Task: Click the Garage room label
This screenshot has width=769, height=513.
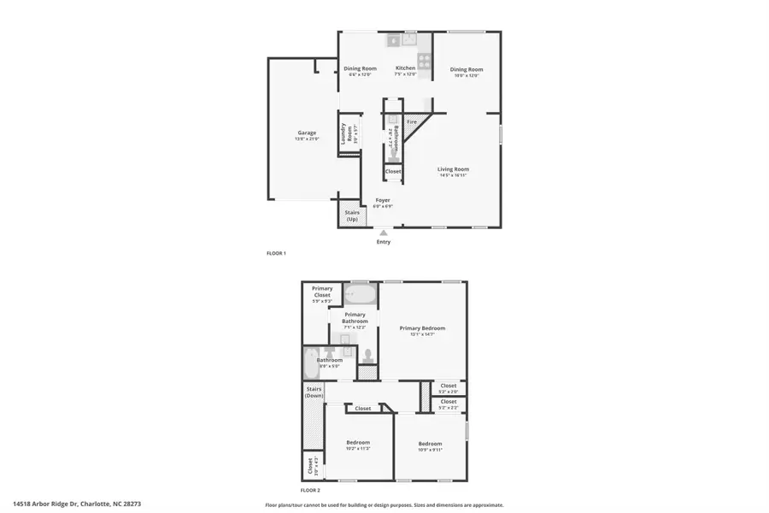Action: coord(308,133)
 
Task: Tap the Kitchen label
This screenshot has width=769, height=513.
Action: coord(405,68)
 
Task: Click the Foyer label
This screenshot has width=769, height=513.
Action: coord(383,200)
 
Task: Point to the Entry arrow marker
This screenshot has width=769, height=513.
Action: coord(384,232)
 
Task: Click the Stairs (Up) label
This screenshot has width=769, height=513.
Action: coord(352,215)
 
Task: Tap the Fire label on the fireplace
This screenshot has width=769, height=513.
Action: coord(412,122)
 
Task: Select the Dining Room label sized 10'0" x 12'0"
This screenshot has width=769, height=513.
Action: coord(467,69)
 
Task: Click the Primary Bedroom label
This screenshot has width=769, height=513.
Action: coord(422,328)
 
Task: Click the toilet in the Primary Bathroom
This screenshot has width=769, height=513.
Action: coord(368,355)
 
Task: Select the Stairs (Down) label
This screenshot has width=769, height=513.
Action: coord(314,392)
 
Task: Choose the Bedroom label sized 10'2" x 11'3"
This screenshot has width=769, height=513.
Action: coord(358,442)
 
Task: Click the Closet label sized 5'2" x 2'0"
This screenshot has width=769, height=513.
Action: coord(449,386)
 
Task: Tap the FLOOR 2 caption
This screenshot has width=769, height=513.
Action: coord(309,491)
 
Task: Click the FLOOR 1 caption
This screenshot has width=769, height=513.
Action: coord(276,253)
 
